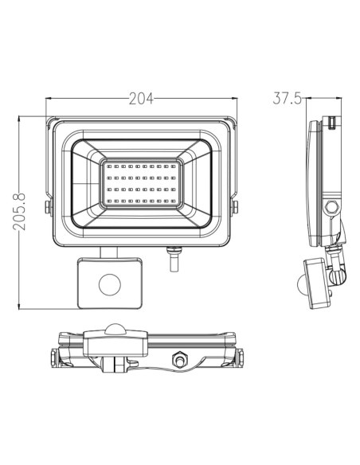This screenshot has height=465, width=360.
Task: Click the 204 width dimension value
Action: pyautogui.click(x=142, y=100)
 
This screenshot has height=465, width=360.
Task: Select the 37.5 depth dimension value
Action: pyautogui.click(x=286, y=99)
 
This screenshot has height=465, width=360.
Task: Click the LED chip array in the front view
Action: pyautogui.click(x=142, y=184)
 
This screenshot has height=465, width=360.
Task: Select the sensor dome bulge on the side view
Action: pyautogui.click(x=301, y=284)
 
